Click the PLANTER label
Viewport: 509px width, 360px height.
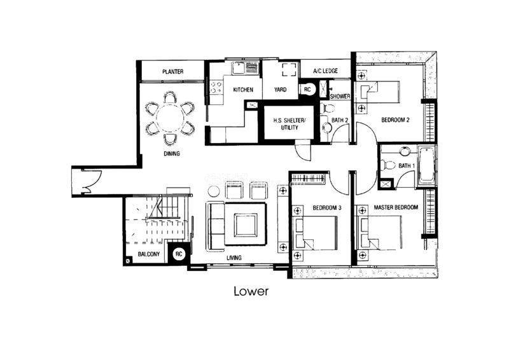(172, 71)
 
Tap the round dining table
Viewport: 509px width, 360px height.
(170, 118)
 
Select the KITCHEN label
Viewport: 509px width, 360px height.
(243, 90)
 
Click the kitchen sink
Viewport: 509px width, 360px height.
(239, 69)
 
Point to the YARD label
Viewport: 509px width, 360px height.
(280, 90)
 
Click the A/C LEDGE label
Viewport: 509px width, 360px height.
(325, 71)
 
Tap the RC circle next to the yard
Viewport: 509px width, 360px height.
(307, 89)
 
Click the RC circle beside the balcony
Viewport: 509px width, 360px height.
(179, 254)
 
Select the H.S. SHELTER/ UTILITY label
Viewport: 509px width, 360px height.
(289, 124)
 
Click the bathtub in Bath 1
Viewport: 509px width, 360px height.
(426, 165)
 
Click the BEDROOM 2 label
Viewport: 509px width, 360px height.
(395, 120)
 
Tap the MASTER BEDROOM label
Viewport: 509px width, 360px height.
(396, 207)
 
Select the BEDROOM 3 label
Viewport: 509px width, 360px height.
(327, 208)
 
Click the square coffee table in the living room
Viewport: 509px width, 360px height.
(246, 225)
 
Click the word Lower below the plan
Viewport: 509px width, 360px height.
(251, 291)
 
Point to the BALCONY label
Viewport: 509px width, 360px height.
(149, 254)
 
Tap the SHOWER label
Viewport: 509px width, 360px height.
(340, 97)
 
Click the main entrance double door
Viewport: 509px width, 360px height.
(91, 182)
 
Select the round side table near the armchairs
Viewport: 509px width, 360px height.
(214, 191)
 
